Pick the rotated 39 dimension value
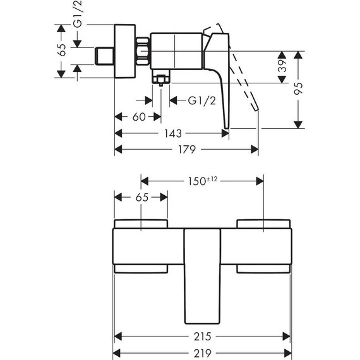(x=283, y=65)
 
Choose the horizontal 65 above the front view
(x=141, y=197)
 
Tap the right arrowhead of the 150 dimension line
(x=260, y=181)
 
